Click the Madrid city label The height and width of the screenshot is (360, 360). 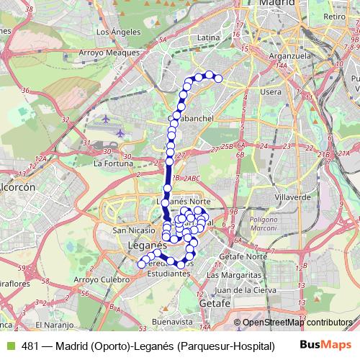point(277,4)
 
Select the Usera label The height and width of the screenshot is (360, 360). point(271,91)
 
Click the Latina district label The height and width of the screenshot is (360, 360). point(207,37)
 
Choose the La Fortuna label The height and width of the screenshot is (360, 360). point(111,163)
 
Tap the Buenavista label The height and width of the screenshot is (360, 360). point(175,322)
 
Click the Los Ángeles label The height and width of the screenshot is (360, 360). point(114,32)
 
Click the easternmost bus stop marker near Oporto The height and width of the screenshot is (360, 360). point(218,79)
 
